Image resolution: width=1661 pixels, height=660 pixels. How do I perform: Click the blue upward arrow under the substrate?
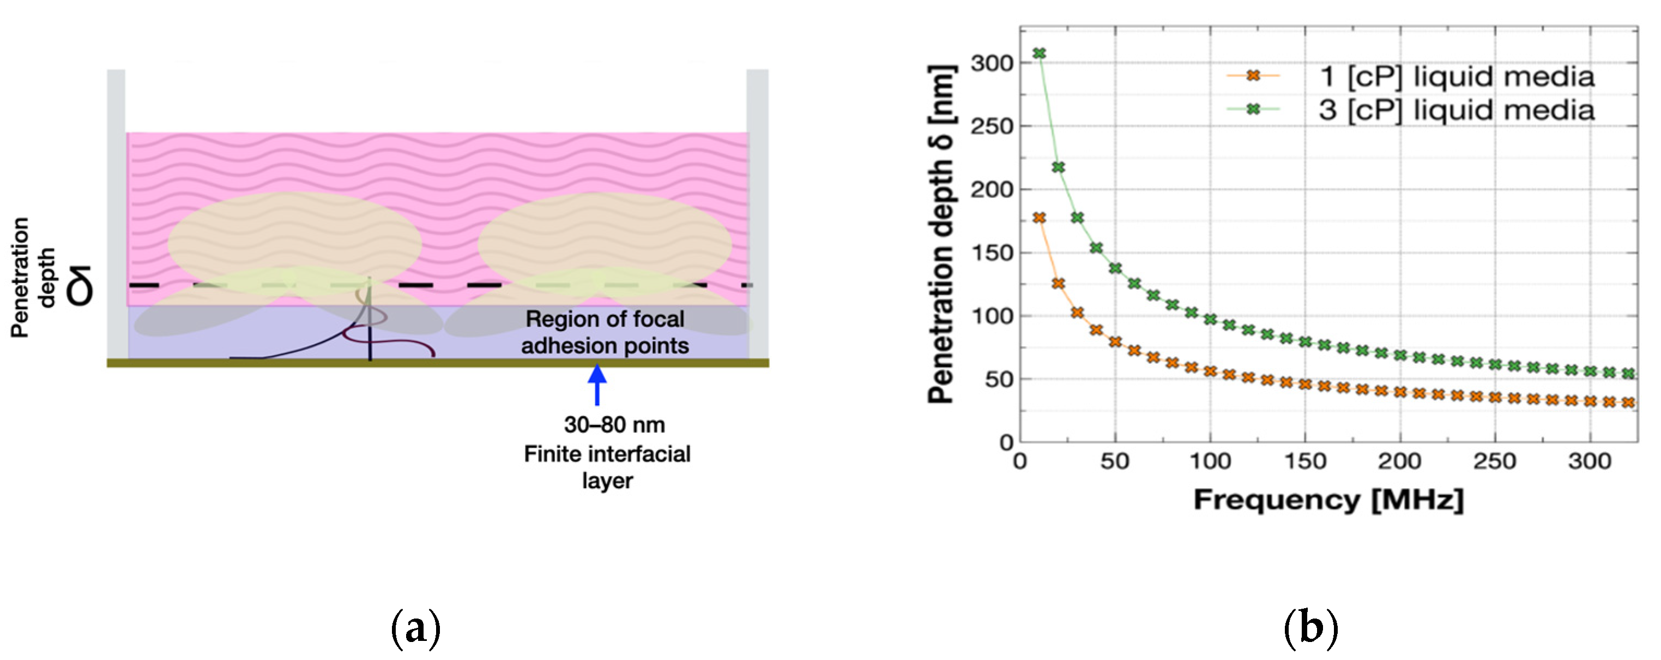tap(597, 385)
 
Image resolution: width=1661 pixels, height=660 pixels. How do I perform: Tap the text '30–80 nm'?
tap(614, 425)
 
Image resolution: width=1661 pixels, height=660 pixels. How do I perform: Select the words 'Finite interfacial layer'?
tap(607, 467)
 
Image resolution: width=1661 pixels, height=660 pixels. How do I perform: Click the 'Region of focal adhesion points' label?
tap(605, 332)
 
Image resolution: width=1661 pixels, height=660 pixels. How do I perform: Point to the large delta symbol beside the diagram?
tap(82, 286)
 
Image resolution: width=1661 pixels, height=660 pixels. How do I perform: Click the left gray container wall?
tap(116, 213)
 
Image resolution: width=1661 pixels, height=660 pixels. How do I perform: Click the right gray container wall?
tap(758, 213)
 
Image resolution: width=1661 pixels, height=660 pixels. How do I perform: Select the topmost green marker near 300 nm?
tap(1039, 53)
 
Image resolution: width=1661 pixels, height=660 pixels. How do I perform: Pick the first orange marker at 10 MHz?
tap(1039, 218)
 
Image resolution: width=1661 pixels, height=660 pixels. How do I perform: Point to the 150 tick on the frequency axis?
tap(1304, 461)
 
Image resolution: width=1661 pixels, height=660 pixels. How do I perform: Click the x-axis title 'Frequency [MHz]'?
tap(1328, 500)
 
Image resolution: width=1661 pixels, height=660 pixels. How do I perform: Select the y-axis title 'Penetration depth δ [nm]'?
tap(941, 234)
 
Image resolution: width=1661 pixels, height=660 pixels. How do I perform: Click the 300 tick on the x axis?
tap(1590, 461)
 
